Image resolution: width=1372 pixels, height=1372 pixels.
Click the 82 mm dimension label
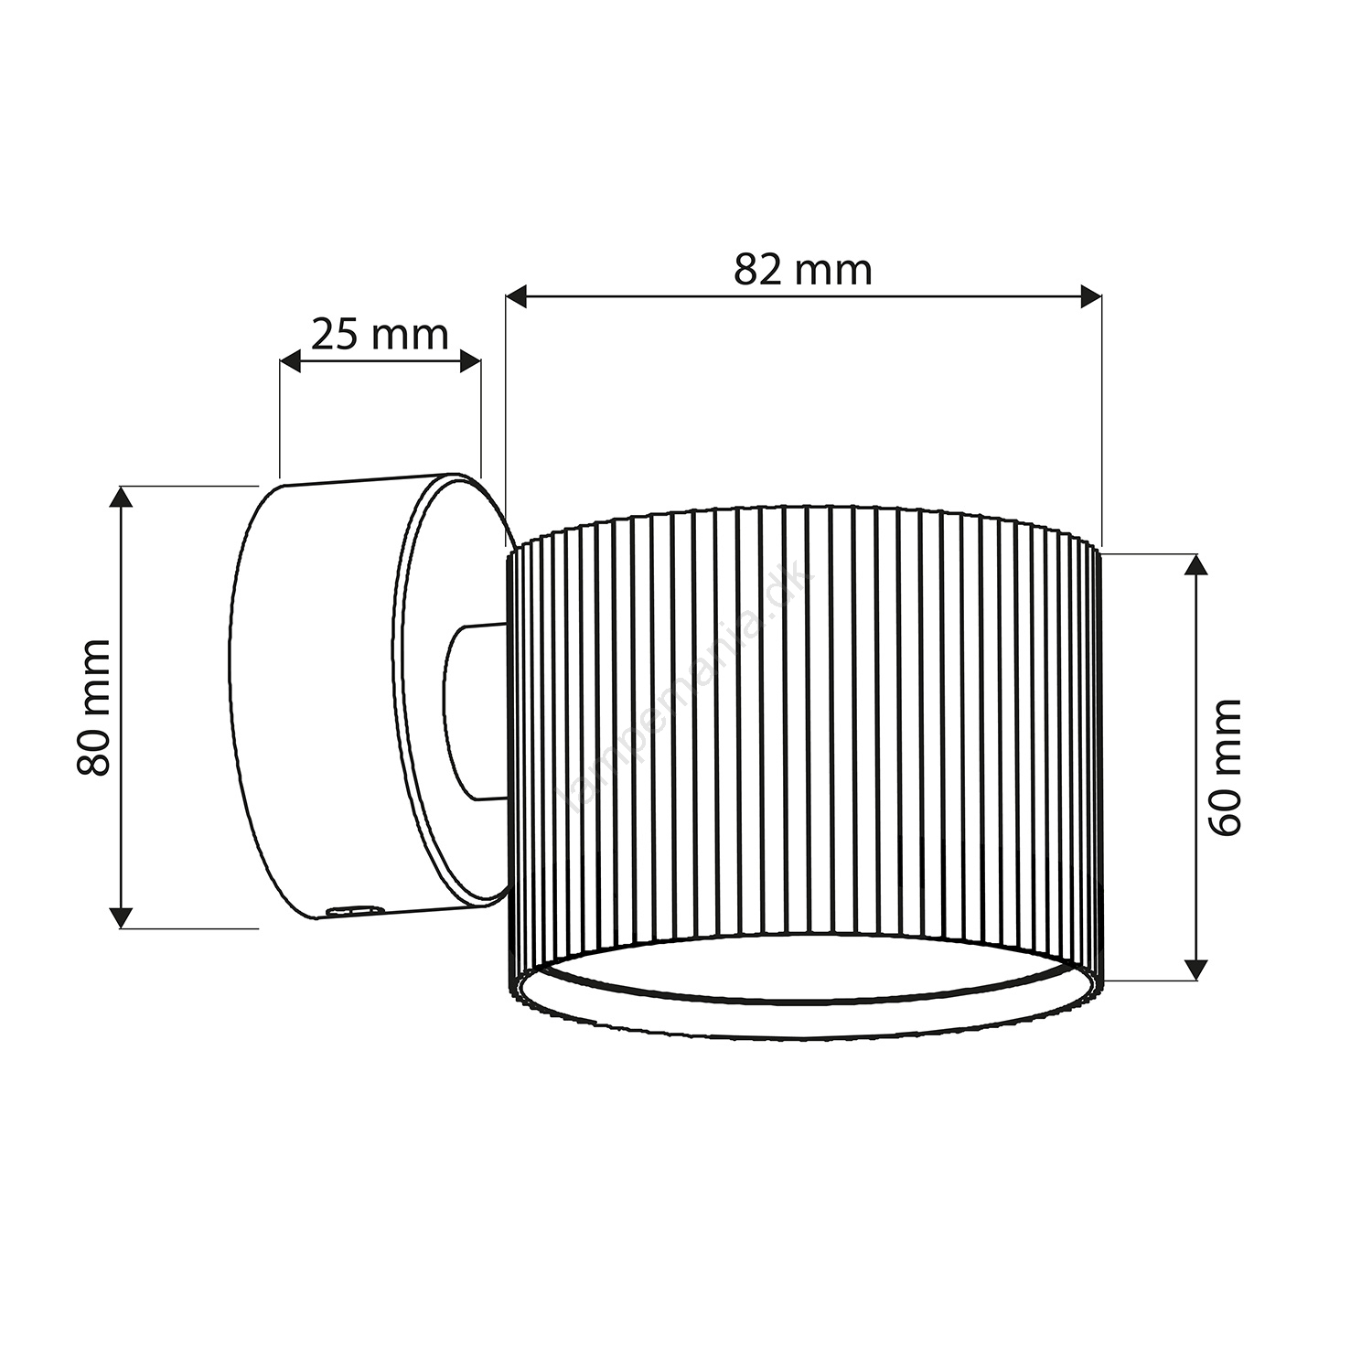(803, 271)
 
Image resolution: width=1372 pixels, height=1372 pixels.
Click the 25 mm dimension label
(380, 335)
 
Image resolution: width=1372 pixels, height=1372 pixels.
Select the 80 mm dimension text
(94, 708)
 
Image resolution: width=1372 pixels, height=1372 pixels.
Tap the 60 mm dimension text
(1225, 766)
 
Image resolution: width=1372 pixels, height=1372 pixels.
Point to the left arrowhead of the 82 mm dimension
(518, 296)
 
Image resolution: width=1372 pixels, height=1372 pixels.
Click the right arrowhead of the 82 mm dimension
(1089, 296)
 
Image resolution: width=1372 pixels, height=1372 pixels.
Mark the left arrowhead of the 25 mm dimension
(291, 361)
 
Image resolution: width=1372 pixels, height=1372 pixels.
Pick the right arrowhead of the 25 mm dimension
(468, 361)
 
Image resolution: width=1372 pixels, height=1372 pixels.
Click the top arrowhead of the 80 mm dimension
(122, 498)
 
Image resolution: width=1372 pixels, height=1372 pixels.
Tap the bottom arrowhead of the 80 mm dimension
(122, 916)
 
